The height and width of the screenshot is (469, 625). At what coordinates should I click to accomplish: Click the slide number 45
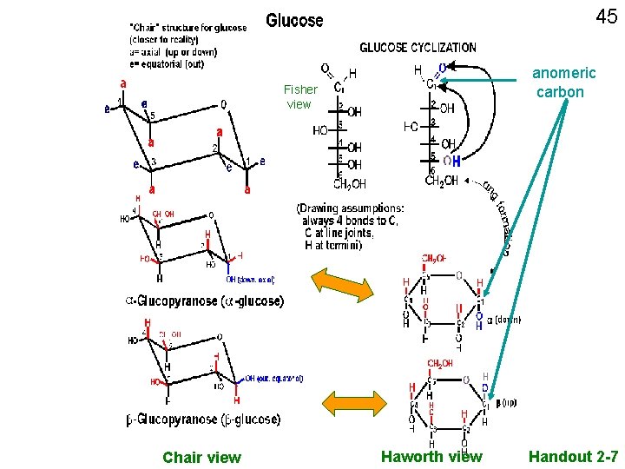pos(605,17)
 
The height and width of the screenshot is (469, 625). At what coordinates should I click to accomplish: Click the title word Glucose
pos(294,20)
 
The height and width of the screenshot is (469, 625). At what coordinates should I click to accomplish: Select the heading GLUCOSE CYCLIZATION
pos(418,47)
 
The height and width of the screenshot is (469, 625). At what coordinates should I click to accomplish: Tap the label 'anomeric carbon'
pos(563,83)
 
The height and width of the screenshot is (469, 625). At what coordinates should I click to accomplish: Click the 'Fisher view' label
pos(299,96)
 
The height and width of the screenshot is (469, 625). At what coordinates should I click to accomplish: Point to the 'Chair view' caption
pos(201,457)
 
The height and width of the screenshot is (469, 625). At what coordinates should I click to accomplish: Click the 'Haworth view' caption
pos(431,456)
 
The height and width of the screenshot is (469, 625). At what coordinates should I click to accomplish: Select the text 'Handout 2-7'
pos(573,456)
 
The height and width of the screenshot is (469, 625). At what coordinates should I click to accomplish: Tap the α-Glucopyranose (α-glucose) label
pos(205,301)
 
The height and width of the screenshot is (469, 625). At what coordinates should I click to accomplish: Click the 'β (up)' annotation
pos(507,402)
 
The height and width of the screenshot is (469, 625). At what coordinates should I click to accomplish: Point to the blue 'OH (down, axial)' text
pos(250,279)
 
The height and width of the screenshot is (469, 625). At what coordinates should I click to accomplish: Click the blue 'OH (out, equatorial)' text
pos(273,378)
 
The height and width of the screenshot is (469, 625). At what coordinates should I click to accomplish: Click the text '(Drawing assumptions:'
pos(350,208)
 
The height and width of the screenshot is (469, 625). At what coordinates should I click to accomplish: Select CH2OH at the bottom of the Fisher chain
pos(351,183)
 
